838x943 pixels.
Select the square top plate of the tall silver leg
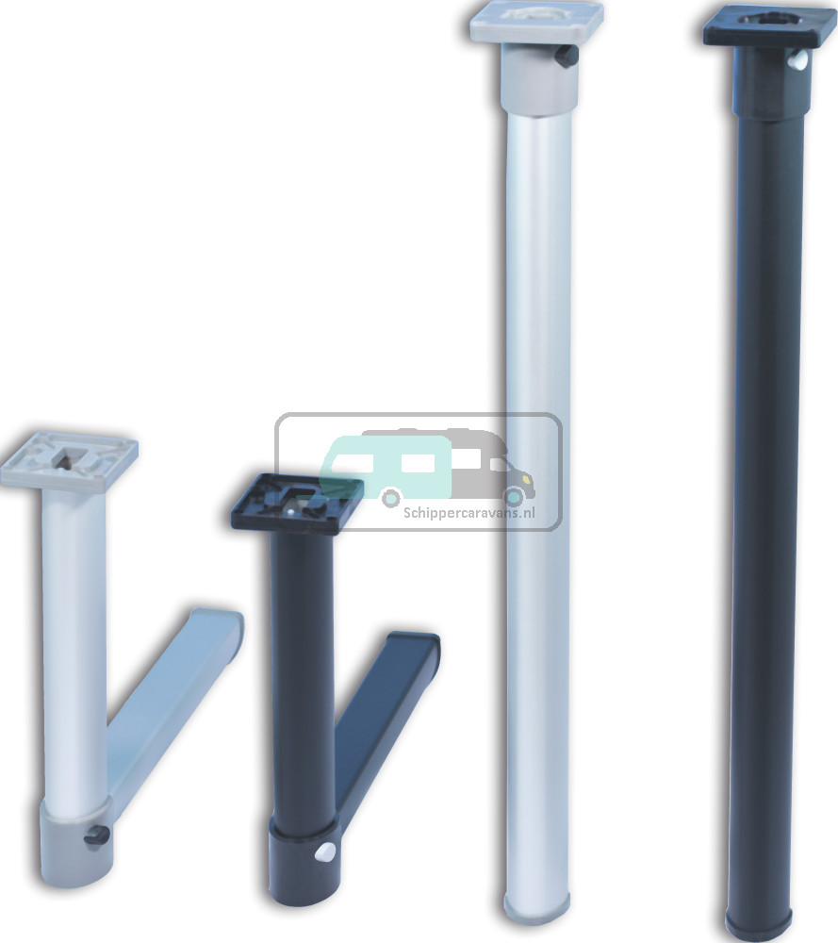(536, 21)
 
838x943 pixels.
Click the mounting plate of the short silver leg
(68, 459)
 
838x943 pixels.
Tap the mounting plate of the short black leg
(297, 502)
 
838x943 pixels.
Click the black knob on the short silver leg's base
(94, 835)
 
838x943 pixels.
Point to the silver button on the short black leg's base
(326, 852)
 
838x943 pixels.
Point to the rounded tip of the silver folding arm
(226, 627)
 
